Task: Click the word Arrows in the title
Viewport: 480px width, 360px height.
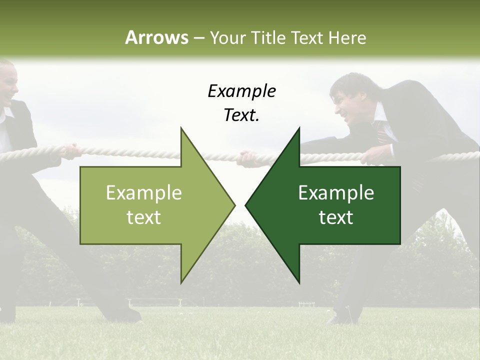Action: pos(156,37)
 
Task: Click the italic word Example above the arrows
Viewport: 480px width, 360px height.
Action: pos(241,91)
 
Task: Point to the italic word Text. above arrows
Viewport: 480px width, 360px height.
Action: pos(241,115)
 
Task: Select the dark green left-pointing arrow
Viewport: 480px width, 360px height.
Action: pos(330,205)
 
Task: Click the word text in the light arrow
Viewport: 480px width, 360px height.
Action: pos(143,217)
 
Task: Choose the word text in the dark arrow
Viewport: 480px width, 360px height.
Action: pos(336,217)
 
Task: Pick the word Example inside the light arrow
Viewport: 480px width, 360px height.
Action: pos(143,193)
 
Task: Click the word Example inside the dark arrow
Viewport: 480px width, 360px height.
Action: pos(336,193)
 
